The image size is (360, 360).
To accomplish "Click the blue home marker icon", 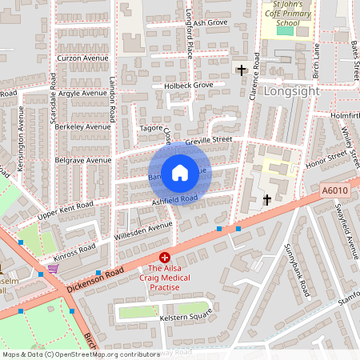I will tap(180, 172).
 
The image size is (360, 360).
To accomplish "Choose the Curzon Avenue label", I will tap(82, 58).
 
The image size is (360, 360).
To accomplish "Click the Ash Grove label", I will tap(210, 22).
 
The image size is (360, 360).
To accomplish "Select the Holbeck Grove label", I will tap(188, 85).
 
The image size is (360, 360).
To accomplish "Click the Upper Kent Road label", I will tap(65, 210).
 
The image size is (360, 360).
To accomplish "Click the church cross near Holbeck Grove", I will tap(242, 70).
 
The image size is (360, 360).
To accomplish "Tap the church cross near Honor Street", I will tap(266, 198).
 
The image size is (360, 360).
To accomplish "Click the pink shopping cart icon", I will tap(53, 269).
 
